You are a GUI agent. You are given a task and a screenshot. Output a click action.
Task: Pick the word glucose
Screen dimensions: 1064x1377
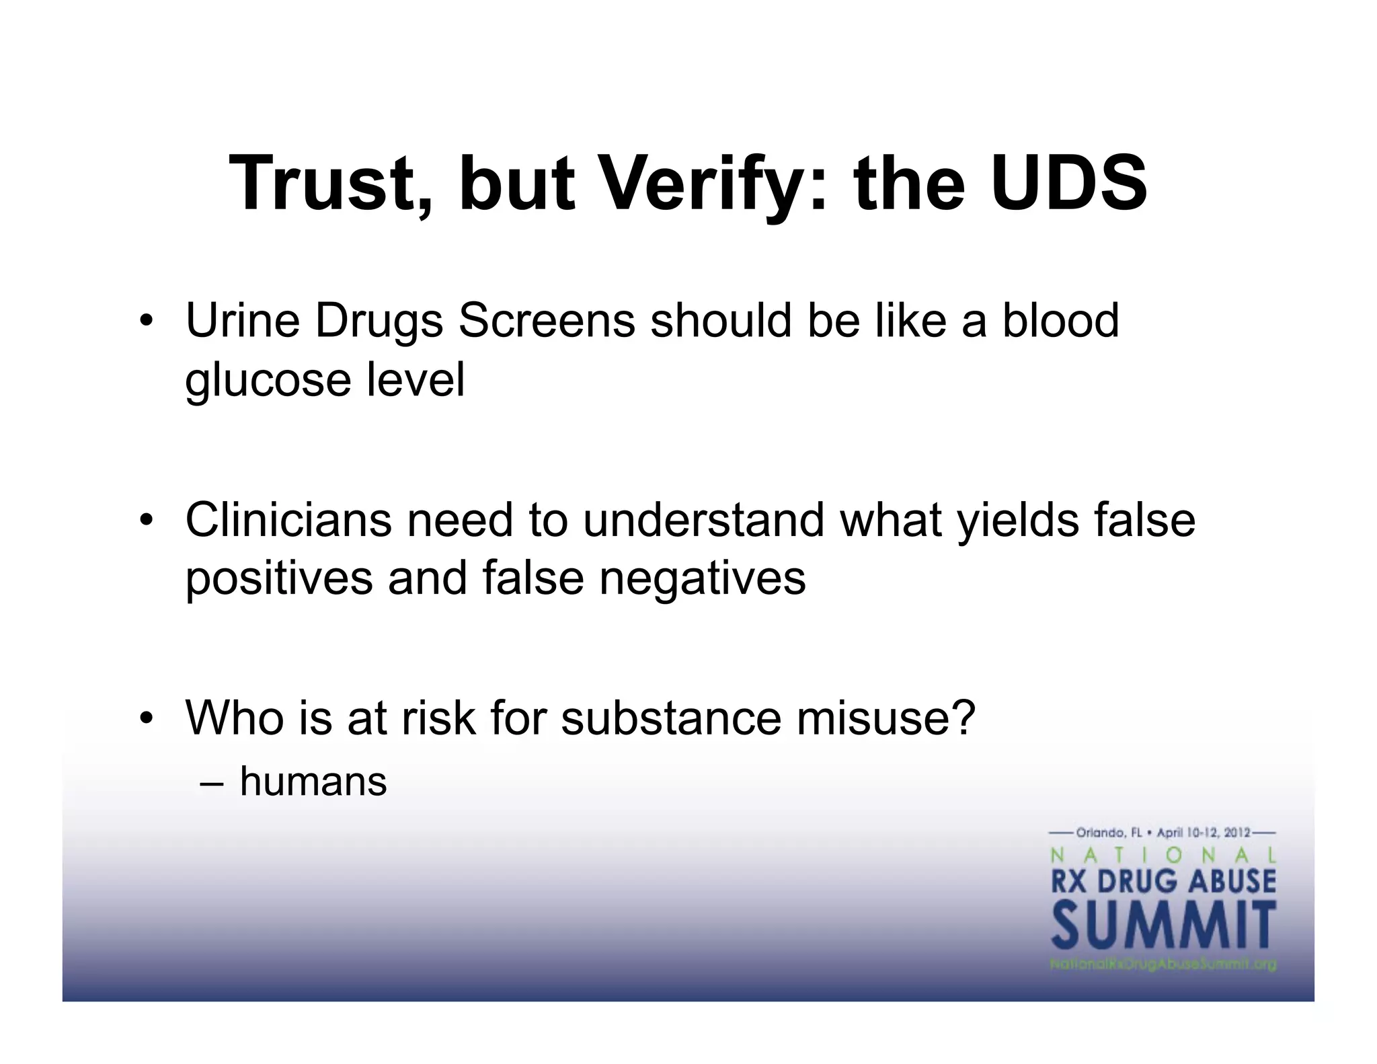(x=268, y=380)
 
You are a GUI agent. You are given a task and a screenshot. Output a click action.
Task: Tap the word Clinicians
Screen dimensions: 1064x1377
(x=288, y=520)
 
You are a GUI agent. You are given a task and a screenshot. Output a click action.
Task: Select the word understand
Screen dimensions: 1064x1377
(x=703, y=520)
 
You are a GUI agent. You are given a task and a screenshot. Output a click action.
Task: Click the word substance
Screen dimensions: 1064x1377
(x=671, y=718)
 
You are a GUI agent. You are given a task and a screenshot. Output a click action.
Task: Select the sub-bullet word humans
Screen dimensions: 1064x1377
(x=313, y=782)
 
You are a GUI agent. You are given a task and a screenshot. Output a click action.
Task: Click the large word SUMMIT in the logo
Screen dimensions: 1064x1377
(x=1163, y=926)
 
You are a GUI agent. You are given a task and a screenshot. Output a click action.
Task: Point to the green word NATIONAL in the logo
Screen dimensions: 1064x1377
(x=1163, y=856)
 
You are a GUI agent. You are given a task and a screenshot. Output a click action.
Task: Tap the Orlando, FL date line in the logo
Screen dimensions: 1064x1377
(x=1163, y=833)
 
